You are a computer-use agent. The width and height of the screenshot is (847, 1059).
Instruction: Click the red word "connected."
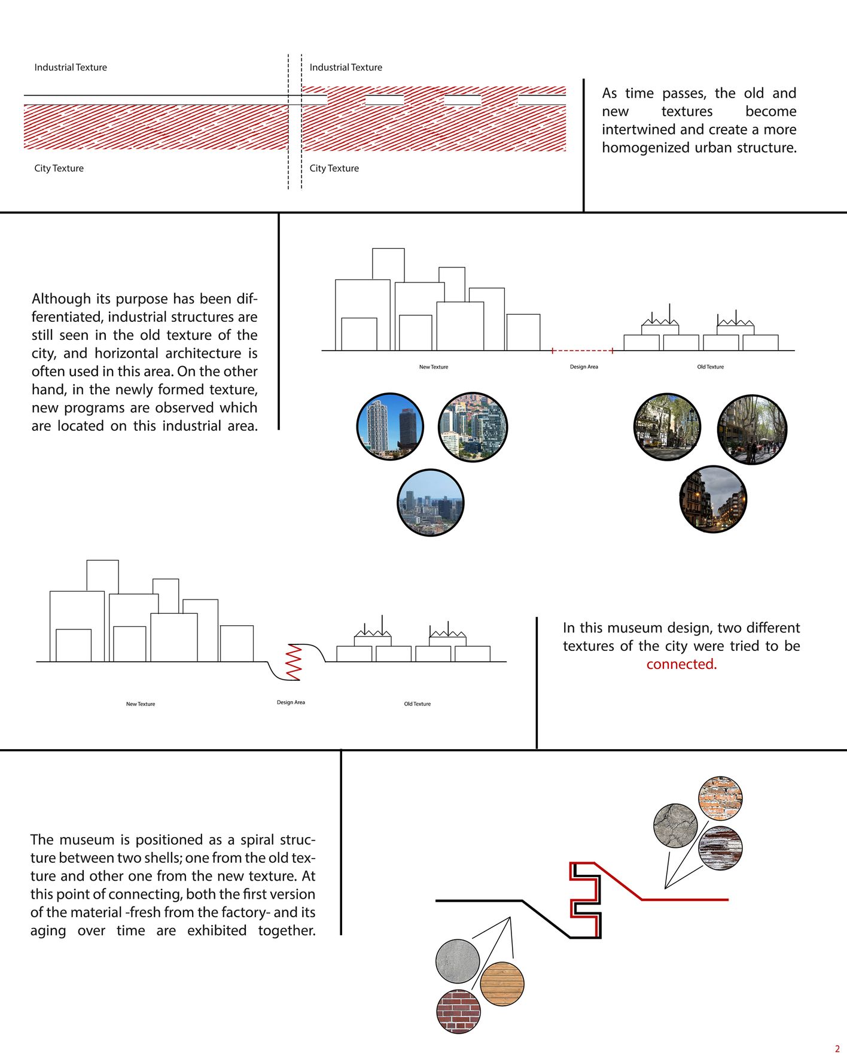tap(681, 664)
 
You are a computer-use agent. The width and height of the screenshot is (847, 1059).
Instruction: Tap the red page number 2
tap(837, 1049)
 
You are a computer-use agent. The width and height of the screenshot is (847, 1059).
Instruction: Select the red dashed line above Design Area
tap(582, 351)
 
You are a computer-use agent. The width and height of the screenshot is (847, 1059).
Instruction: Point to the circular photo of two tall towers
tap(390, 426)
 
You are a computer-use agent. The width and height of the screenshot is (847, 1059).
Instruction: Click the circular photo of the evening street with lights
tap(713, 499)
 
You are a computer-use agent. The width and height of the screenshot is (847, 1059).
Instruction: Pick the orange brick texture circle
tap(720, 798)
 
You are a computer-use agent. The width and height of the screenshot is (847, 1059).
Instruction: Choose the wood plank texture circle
tap(502, 984)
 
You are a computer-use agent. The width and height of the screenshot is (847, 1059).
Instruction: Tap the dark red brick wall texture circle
tap(459, 1011)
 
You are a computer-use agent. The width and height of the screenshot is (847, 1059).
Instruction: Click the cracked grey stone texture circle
tap(675, 826)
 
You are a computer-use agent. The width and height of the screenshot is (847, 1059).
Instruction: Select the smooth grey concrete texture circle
tap(458, 961)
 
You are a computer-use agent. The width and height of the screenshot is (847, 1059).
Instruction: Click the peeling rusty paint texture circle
tap(720, 848)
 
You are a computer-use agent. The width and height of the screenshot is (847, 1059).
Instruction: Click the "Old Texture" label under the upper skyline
tap(710, 367)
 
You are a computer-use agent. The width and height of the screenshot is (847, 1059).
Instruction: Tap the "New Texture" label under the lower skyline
tap(141, 704)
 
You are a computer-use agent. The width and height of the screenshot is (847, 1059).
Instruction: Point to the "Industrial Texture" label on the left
tap(71, 68)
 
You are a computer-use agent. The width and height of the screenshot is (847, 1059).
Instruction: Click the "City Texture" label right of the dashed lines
tap(334, 168)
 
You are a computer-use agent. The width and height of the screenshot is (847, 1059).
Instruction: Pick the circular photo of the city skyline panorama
tap(430, 503)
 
